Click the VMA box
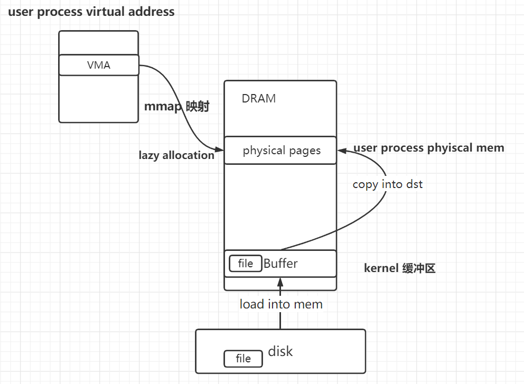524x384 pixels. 98,65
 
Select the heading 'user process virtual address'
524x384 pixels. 91,12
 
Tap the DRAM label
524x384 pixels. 258,98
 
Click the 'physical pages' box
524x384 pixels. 280,151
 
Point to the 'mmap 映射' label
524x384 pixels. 177,107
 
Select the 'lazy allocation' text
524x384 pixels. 176,155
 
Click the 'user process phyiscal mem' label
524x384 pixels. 428,148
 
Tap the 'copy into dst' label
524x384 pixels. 387,184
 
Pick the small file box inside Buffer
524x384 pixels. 245,264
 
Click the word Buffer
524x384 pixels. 280,264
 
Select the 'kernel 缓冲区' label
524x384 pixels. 399,268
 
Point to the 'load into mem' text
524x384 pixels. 280,304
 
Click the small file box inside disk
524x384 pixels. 243,359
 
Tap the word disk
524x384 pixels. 280,351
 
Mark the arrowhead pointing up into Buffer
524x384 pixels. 280,282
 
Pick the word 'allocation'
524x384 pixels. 189,155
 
